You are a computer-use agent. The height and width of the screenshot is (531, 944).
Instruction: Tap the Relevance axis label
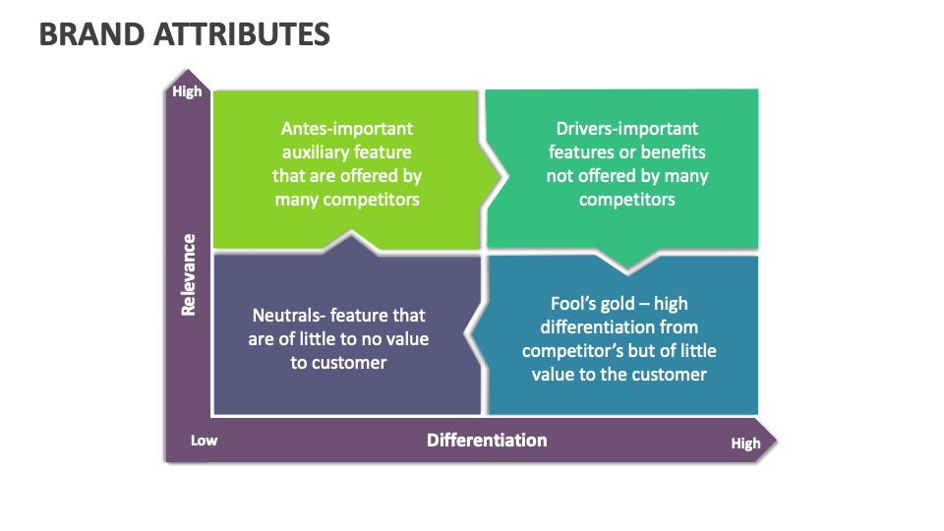point(188,274)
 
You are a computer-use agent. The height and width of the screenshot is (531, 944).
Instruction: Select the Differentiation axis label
point(487,440)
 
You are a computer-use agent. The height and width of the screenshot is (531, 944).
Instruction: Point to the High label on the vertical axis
point(187,91)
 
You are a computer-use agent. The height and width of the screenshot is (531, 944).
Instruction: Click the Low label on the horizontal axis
point(204,441)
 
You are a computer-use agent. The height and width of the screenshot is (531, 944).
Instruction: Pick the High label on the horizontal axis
point(745,443)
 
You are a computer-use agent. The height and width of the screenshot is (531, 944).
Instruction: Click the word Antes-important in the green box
point(347,129)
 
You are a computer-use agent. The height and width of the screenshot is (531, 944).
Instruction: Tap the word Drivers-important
point(627,129)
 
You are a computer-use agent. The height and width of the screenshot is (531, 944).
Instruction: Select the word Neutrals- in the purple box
point(289,316)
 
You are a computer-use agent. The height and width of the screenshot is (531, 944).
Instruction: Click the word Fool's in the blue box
point(573,304)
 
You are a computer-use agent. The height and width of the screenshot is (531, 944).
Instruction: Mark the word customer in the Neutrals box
point(349,363)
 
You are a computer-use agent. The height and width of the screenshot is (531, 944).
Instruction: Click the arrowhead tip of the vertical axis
point(187,71)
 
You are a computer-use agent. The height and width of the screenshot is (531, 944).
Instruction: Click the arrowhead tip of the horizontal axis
point(776,440)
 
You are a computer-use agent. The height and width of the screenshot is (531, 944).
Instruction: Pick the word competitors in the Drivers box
point(627,200)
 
